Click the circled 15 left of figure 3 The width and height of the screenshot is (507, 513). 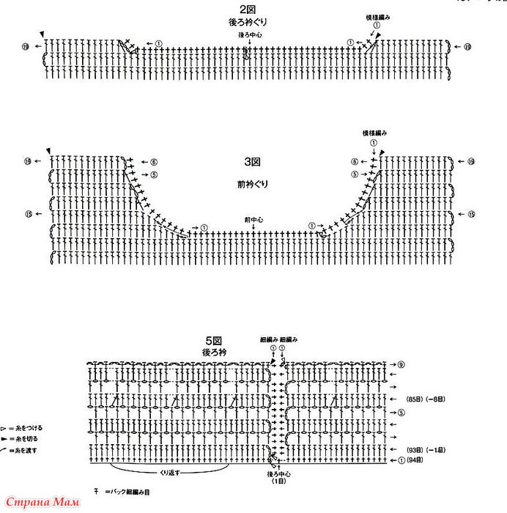click(x=29, y=214)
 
